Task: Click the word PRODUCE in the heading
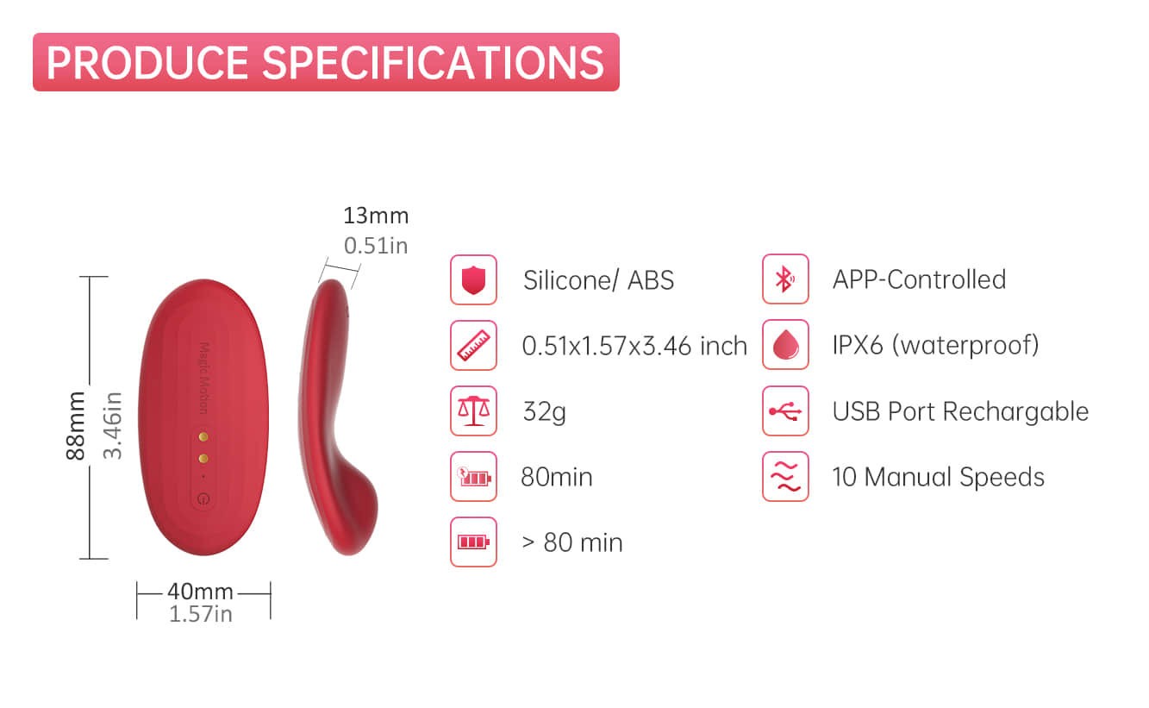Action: click(147, 63)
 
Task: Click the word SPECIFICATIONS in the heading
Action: click(434, 63)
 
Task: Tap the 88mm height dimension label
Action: click(76, 425)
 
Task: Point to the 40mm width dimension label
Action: click(200, 592)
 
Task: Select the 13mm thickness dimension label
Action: click(376, 216)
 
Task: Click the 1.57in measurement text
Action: click(201, 614)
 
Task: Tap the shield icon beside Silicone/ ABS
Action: click(473, 280)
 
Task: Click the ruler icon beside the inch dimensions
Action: click(473, 345)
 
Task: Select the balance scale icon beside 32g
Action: click(473, 411)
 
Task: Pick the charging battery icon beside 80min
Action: click(473, 477)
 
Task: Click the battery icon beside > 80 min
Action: click(473, 542)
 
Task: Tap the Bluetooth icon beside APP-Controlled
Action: click(785, 279)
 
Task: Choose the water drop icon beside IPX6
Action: click(785, 345)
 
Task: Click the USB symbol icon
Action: click(785, 411)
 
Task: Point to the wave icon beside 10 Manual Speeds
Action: click(785, 477)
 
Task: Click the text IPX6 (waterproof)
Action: click(935, 345)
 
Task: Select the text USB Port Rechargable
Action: click(960, 411)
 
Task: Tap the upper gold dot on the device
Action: click(203, 436)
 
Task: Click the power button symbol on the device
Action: click(203, 498)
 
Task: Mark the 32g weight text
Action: click(544, 412)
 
